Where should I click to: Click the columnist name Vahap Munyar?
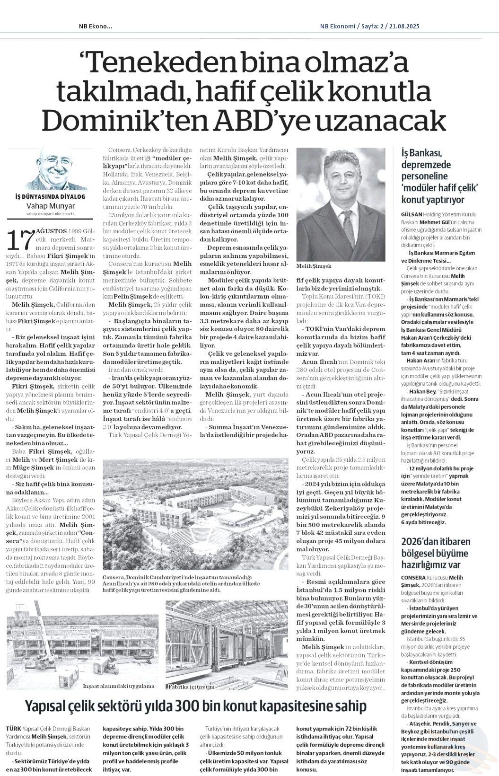pos(51,206)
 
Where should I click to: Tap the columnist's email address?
pos(51,214)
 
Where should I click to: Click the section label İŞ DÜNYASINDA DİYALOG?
pos(51,196)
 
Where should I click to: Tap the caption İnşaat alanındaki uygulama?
pos(118,686)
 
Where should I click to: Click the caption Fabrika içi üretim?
pos(191,686)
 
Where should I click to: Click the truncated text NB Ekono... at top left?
pos(96,26)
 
